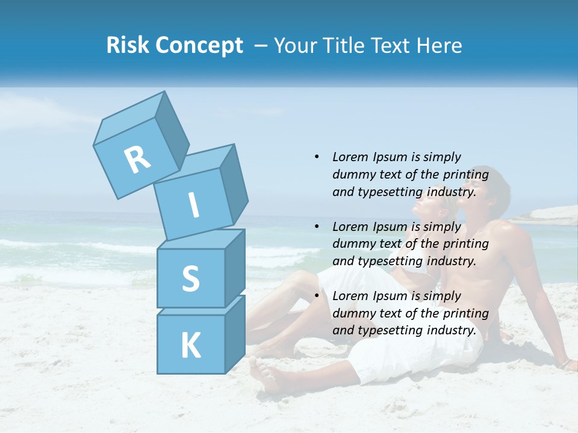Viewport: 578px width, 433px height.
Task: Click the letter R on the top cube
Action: click(x=137, y=160)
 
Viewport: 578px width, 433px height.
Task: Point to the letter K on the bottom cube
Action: click(x=190, y=346)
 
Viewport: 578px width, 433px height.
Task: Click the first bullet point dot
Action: click(x=317, y=157)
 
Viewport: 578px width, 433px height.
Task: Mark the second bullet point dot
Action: click(x=317, y=227)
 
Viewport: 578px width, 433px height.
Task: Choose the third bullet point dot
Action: click(x=317, y=296)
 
